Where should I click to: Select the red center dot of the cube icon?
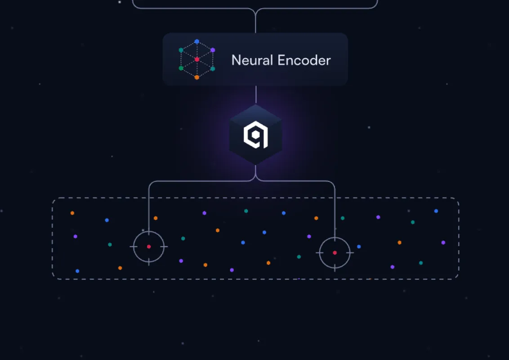click(x=196, y=59)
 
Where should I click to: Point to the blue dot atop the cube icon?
click(x=196, y=41)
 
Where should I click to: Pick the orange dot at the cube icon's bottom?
click(x=196, y=77)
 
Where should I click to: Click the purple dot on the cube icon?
click(x=213, y=50)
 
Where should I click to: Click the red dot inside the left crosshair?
click(x=149, y=247)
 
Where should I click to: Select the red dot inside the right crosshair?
click(x=335, y=253)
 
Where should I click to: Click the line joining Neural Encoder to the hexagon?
click(x=255, y=94)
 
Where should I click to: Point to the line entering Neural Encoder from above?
click(x=255, y=22)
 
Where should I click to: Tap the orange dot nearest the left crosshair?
click(x=156, y=218)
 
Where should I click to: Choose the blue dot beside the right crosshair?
click(x=359, y=247)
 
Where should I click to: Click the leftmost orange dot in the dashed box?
click(x=72, y=213)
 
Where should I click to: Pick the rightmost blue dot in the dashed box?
click(x=436, y=211)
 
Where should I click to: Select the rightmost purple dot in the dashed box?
click(x=443, y=243)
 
